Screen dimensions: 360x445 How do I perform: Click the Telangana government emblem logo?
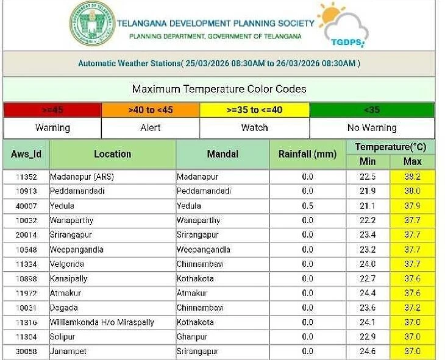point(91,24)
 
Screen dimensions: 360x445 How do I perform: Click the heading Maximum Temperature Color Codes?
point(219,89)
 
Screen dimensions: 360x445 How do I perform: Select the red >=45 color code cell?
point(52,110)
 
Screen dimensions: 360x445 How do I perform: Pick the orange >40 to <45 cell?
point(150,110)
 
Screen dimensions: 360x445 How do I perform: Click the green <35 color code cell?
point(372,110)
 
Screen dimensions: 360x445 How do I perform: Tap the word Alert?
point(150,128)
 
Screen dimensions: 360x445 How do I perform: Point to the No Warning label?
point(372,128)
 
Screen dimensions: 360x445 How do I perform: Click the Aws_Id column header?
point(26,154)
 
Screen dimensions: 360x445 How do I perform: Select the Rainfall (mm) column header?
point(307,154)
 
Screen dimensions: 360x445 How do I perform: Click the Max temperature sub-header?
point(413,161)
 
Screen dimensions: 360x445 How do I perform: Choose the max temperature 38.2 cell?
point(413,177)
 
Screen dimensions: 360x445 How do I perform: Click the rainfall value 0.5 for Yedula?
point(307,206)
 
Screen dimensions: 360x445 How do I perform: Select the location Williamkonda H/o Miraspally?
point(102,322)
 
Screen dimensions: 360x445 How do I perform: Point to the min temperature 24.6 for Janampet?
point(368,351)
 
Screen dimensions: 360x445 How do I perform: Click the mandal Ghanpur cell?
point(192,337)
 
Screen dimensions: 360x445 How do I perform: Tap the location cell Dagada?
point(64,308)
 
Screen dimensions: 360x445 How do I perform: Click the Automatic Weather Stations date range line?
point(219,63)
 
